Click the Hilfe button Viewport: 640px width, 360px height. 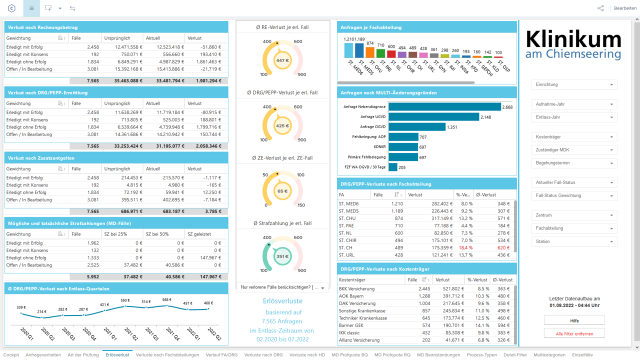(574, 320)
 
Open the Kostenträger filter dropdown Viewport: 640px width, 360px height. (574, 137)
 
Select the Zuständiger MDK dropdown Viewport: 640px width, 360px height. (574, 150)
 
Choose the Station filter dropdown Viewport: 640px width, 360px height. (574, 241)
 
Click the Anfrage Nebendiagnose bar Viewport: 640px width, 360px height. (445, 106)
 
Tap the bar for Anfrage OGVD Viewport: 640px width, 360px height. (417, 127)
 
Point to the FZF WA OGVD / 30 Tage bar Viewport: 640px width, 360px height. (393, 167)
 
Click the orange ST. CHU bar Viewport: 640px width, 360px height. (370, 52)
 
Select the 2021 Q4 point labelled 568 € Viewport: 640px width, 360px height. (167, 305)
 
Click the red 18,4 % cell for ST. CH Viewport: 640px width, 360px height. (465, 247)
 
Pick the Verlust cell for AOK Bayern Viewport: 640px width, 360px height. (452, 296)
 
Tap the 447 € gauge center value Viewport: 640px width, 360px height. (282, 60)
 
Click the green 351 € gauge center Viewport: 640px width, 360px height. (282, 256)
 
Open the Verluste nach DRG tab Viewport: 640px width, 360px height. (263, 355)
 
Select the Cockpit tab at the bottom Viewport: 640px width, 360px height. (11, 355)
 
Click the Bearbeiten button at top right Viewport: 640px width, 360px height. (625, 8)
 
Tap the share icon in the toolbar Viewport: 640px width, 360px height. (600, 8)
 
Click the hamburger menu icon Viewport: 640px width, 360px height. (31, 8)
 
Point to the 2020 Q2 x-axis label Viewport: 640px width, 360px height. (47, 333)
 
